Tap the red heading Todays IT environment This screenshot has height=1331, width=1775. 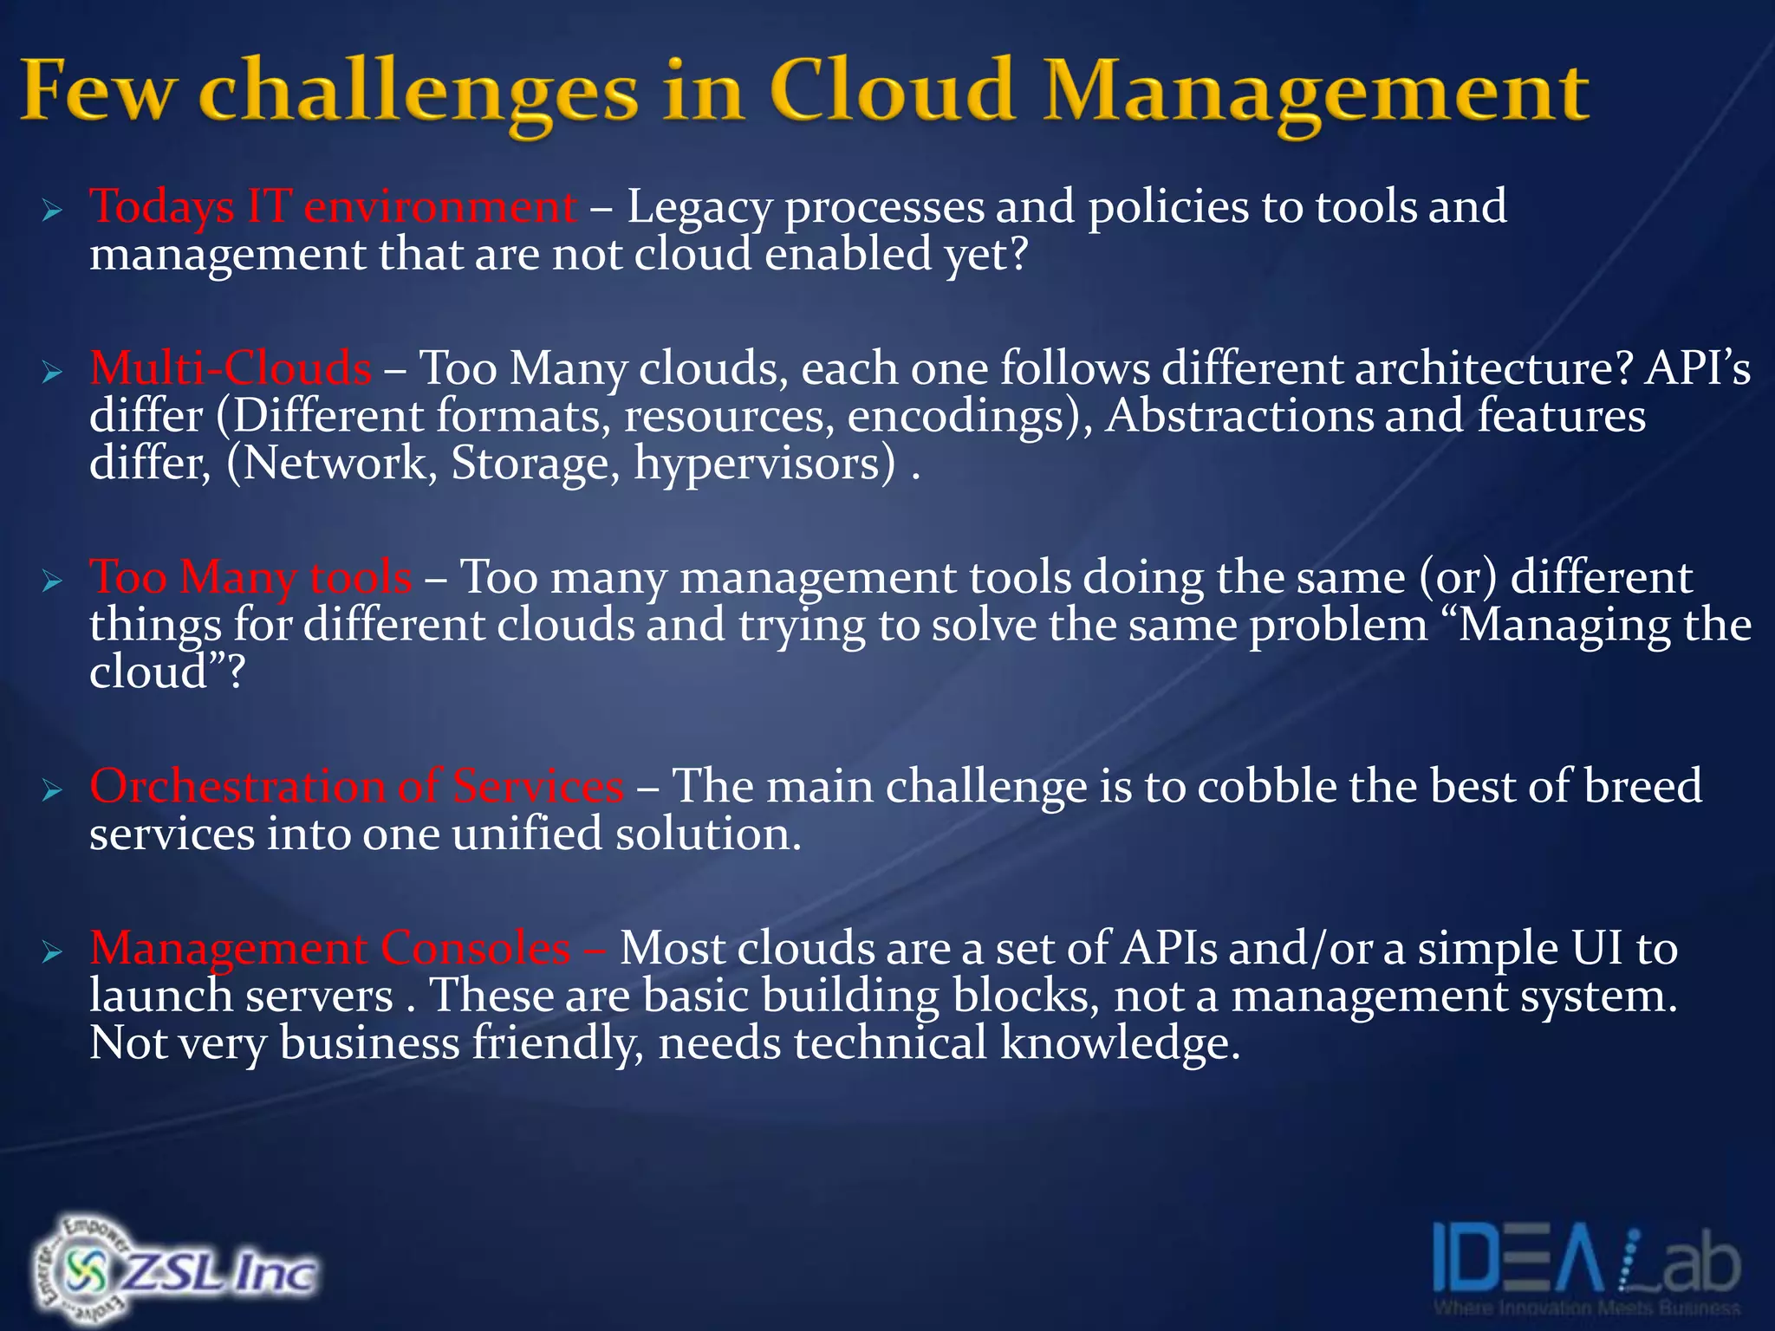[x=333, y=208]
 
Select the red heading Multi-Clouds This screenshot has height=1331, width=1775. [x=231, y=368]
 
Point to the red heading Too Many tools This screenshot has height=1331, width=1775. [x=250, y=577]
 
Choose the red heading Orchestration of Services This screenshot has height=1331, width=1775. [x=356, y=787]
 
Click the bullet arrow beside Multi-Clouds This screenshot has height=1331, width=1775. [x=53, y=373]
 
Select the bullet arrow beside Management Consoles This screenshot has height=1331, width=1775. [x=53, y=952]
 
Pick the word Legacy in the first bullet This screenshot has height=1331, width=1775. [x=699, y=208]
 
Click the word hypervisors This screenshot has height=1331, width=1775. [x=764, y=464]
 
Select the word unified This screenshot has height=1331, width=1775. [x=526, y=834]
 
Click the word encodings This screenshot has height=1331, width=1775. [x=963, y=417]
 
